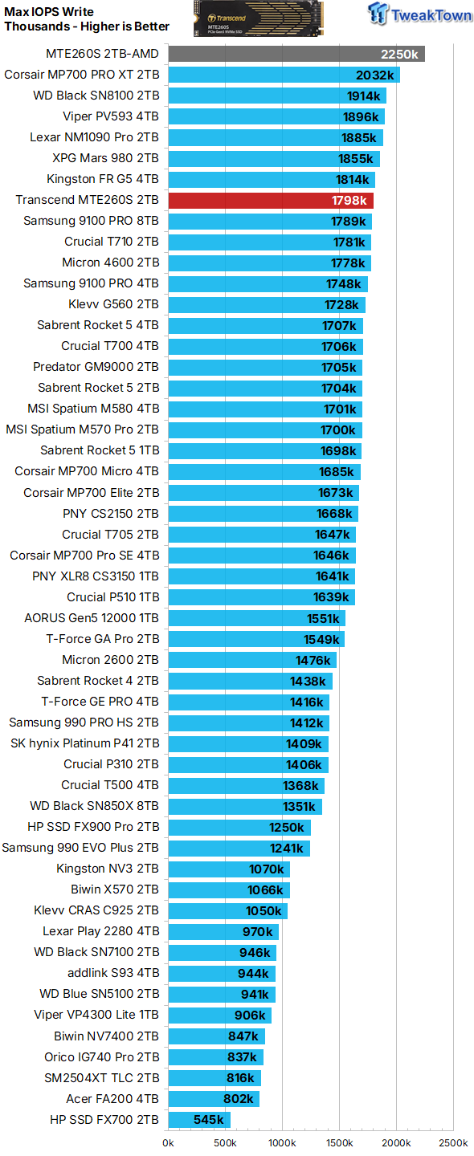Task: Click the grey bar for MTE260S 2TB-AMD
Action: [x=296, y=54]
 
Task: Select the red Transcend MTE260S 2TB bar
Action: [x=270, y=200]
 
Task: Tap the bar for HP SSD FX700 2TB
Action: [x=199, y=1120]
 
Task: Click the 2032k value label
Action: [x=375, y=75]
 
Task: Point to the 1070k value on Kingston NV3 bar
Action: [x=266, y=869]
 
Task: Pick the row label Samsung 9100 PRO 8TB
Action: [x=91, y=221]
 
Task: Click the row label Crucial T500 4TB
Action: [x=110, y=785]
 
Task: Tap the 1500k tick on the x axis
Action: [x=339, y=1142]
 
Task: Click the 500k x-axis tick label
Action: [x=225, y=1142]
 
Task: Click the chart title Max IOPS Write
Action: [x=49, y=12]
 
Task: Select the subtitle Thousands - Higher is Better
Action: [x=87, y=26]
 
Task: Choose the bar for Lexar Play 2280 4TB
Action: [x=223, y=932]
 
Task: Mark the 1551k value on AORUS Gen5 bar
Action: [x=323, y=618]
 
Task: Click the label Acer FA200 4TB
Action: [x=112, y=1099]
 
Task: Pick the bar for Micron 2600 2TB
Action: [x=251, y=660]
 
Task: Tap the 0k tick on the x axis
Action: [x=169, y=1142]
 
